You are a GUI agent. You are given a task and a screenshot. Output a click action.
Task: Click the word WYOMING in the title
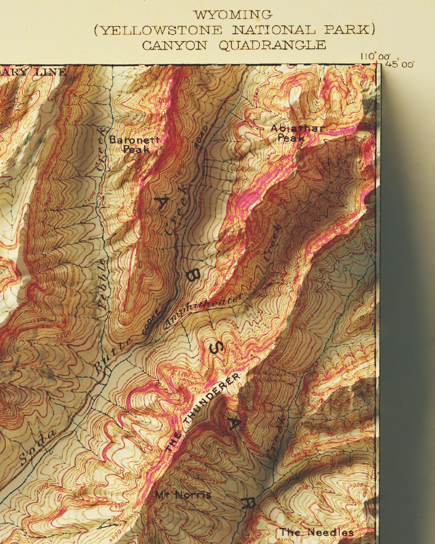pos(233,14)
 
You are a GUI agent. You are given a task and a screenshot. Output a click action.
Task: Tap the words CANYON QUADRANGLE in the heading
pos(234,45)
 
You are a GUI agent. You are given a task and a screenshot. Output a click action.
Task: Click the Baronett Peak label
pos(134,144)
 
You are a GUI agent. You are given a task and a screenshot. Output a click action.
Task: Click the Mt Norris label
pos(183,495)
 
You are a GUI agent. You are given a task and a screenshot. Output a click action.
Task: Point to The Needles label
pos(316,532)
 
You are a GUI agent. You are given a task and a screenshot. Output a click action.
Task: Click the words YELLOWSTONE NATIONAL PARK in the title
pos(234,30)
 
